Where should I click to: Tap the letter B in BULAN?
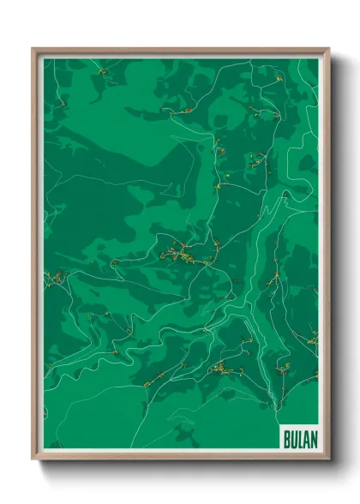[285, 438]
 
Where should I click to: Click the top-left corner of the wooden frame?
[33, 50]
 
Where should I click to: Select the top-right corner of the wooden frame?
[328, 50]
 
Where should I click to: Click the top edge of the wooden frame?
[180, 51]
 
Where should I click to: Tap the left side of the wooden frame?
[35, 257]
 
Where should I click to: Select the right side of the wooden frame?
[327, 257]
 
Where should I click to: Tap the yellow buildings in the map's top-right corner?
[279, 79]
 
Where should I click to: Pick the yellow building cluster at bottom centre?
[220, 369]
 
